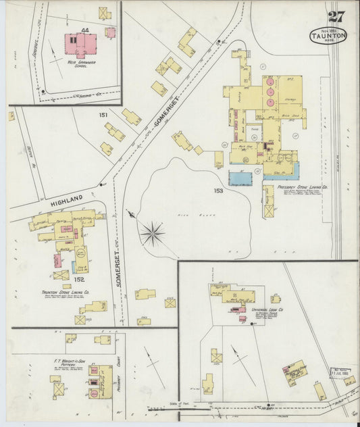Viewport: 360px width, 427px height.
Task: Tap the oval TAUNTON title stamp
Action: tap(328, 35)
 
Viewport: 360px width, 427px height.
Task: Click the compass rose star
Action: tap(153, 234)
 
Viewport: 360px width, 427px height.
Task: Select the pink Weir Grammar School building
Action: tap(82, 46)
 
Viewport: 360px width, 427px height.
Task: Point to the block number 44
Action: tap(84, 30)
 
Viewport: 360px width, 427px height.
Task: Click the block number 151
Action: tap(103, 116)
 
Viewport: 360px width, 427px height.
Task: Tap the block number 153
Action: tap(218, 191)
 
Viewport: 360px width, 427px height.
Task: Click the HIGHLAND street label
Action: tap(66, 198)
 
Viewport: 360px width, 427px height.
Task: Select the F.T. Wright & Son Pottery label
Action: tap(68, 362)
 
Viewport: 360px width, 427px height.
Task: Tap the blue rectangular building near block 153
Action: tap(240, 178)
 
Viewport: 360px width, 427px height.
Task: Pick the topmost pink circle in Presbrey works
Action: tap(269, 82)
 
